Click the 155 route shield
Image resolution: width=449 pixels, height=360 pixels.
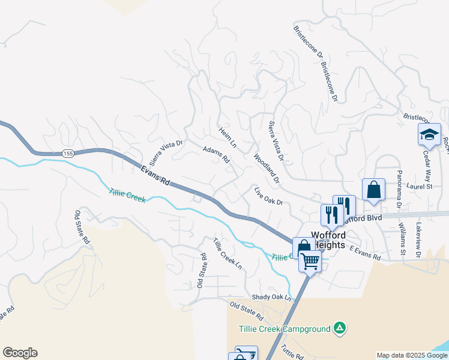(x=68, y=154)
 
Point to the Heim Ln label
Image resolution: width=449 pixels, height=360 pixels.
(x=228, y=137)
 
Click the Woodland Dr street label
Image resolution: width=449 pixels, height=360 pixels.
(x=267, y=169)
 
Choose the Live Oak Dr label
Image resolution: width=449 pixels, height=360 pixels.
(x=268, y=196)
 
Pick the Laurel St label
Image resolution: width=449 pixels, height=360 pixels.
(x=420, y=187)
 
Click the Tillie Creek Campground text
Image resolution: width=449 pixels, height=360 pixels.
(x=285, y=329)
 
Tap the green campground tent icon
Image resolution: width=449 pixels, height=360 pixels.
(x=340, y=328)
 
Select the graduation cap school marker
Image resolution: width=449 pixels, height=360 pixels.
(x=429, y=135)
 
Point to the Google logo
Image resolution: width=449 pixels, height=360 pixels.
(x=20, y=353)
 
